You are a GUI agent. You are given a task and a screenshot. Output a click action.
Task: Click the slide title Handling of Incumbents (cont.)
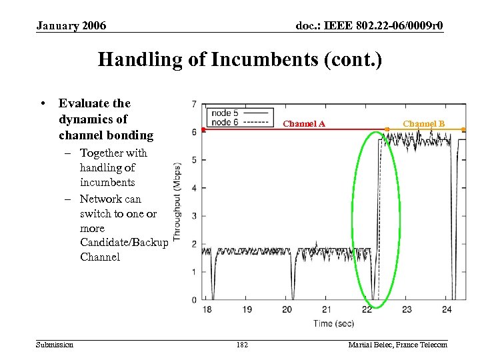coord(240,60)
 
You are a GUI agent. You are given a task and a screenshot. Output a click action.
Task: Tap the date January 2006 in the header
coord(71,26)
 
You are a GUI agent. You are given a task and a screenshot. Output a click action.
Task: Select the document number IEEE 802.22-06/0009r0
coord(369,26)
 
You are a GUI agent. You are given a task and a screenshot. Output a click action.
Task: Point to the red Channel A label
coord(304,123)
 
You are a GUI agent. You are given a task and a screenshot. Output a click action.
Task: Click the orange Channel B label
coord(423,123)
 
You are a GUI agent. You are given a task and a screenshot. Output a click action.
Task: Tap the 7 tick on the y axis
coord(193,105)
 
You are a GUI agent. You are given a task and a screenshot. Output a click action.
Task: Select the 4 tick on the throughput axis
coord(193,188)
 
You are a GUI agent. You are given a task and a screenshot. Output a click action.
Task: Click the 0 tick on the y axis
coord(193,300)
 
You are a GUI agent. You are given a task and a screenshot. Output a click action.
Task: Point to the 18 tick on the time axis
coord(207,309)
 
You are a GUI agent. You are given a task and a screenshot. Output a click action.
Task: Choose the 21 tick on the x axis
coord(327,309)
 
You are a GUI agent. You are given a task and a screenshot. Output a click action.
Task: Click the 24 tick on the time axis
coord(447,309)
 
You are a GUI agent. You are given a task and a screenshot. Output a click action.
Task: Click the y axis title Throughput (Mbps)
coord(177,201)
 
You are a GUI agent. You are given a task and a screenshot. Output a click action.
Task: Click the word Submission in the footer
coord(55,345)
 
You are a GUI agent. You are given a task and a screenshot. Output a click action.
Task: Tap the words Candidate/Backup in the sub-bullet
coord(124,243)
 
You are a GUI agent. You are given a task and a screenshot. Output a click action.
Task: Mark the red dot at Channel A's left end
coord(203,130)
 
